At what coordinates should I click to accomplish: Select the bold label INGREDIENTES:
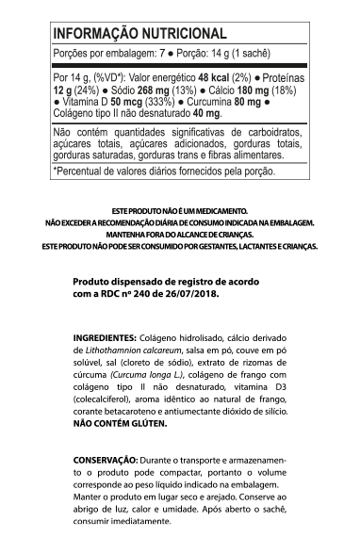point(105,337)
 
